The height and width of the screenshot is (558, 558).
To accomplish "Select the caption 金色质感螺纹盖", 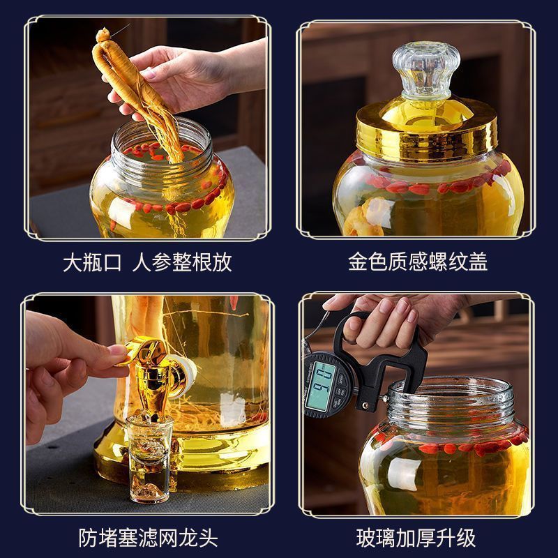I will [417, 262].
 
